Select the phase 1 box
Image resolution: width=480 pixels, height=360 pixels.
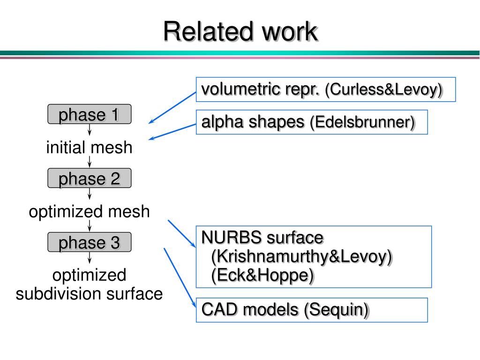coord(90,114)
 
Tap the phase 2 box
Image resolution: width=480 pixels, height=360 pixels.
coord(90,178)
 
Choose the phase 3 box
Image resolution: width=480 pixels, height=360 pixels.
coord(90,242)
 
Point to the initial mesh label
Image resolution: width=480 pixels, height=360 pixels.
coord(90,147)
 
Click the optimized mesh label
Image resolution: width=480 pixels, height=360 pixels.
coord(90,211)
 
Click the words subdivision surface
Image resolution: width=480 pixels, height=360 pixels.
coord(90,293)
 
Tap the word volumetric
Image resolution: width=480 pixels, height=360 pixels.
coord(241,90)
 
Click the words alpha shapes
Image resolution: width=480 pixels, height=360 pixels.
coord(253,122)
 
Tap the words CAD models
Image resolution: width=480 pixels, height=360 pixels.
coord(250,309)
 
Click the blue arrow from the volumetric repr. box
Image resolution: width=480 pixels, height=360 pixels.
coord(172,108)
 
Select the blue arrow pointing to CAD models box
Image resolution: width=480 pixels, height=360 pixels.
coord(180,277)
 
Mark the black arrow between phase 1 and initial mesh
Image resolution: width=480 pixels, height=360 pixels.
coord(90,130)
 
